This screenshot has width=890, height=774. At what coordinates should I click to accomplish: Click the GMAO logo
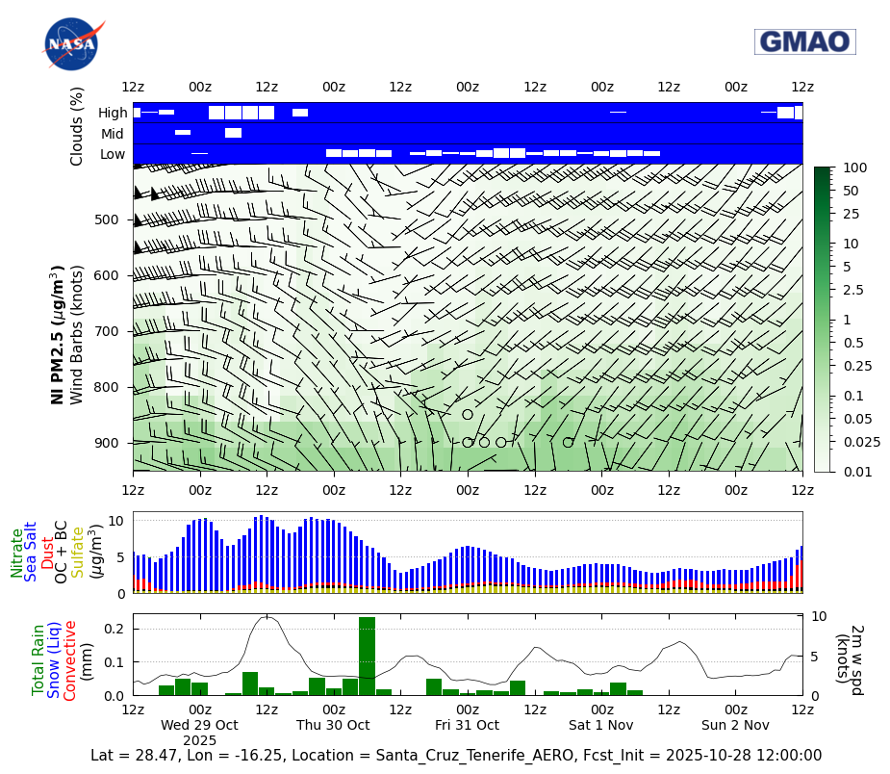[x=804, y=41]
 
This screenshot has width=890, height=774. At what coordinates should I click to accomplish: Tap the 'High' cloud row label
[x=113, y=113]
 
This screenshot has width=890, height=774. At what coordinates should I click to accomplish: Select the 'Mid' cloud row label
[x=114, y=134]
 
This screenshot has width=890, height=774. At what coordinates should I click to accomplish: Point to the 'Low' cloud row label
[x=113, y=154]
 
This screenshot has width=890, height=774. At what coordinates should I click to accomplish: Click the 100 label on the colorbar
[x=854, y=168]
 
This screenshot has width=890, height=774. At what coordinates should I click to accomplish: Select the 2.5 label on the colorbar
[x=852, y=290]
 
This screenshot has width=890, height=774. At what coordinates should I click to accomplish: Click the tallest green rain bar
[x=367, y=656]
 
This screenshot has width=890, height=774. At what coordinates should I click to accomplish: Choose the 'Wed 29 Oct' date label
[x=199, y=725]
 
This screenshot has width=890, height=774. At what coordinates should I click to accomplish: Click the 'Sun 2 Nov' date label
[x=735, y=725]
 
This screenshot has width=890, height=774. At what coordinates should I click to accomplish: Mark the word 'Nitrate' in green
[x=17, y=552]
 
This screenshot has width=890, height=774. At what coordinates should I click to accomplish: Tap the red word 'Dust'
[x=47, y=552]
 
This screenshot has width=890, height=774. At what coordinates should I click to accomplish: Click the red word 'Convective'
[x=70, y=660]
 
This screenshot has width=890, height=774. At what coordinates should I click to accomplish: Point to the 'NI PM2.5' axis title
[x=58, y=334]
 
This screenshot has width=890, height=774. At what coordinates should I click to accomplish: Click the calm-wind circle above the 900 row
[x=468, y=415]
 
